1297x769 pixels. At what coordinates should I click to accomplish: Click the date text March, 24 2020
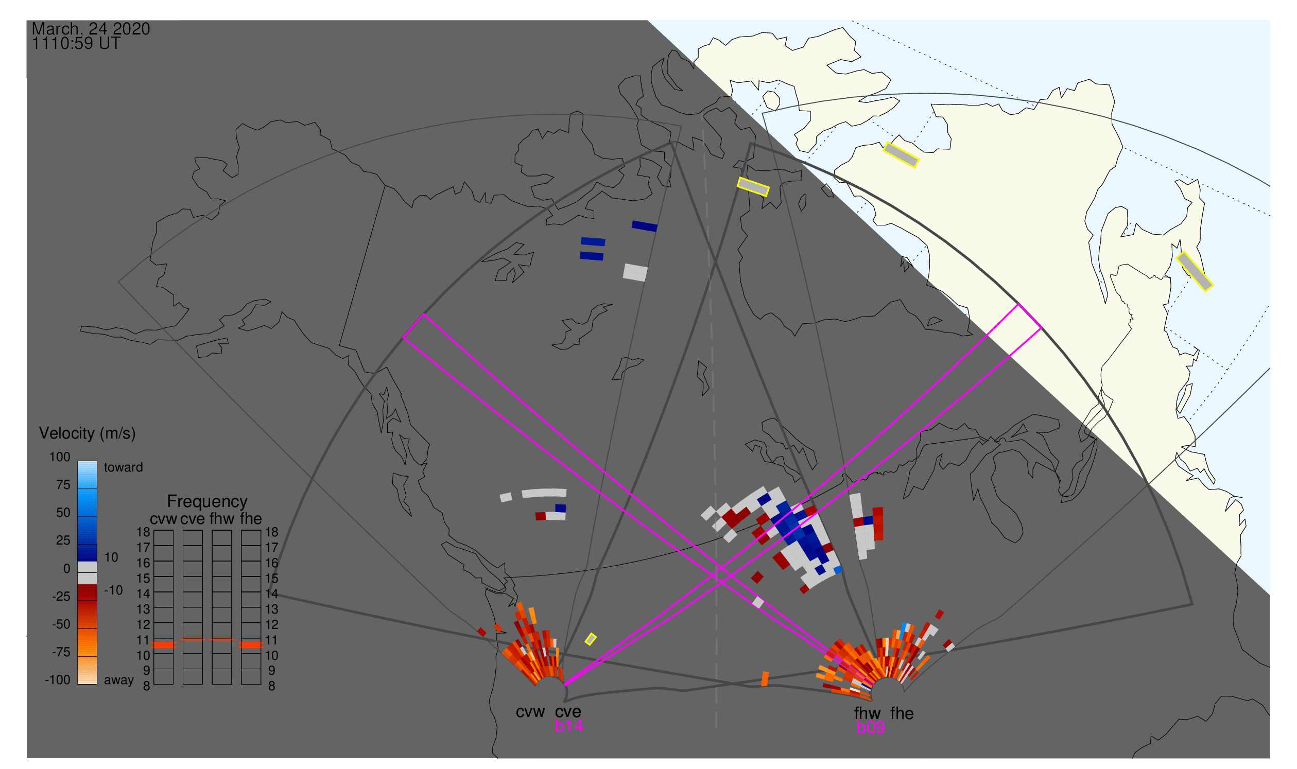tap(91, 28)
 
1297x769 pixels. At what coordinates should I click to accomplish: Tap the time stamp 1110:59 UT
tap(76, 44)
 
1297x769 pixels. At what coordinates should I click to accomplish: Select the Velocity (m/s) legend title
tap(87, 434)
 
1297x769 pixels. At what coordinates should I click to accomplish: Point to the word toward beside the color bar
tap(124, 467)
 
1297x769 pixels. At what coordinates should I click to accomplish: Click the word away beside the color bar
tap(119, 680)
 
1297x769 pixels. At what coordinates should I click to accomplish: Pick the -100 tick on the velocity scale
tap(58, 680)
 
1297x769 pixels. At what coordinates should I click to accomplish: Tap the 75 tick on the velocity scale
tap(63, 485)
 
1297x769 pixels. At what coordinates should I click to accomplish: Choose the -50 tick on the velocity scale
tap(61, 624)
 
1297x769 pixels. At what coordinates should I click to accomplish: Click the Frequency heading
tap(207, 502)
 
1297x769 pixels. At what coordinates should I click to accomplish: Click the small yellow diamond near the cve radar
tap(591, 639)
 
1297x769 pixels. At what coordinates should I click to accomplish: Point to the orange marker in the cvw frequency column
tap(163, 645)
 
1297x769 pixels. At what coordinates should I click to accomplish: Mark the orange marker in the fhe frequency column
tap(251, 645)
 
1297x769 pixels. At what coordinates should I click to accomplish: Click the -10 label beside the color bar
tap(113, 590)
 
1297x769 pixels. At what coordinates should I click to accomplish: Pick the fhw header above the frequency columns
tap(222, 519)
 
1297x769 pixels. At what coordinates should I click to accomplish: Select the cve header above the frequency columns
tap(193, 519)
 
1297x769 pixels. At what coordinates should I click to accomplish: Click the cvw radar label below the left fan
tap(530, 712)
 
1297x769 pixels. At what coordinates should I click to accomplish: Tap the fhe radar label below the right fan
tap(902, 713)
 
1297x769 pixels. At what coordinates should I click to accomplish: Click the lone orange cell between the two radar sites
tap(765, 679)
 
